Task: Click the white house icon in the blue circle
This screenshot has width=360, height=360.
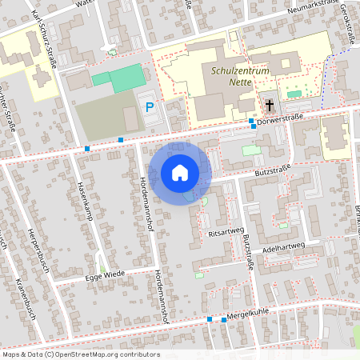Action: [180, 173]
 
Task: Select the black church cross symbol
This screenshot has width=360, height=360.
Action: [270, 105]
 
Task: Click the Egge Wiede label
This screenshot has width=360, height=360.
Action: [104, 275]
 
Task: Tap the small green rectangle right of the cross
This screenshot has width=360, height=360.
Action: [294, 94]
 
